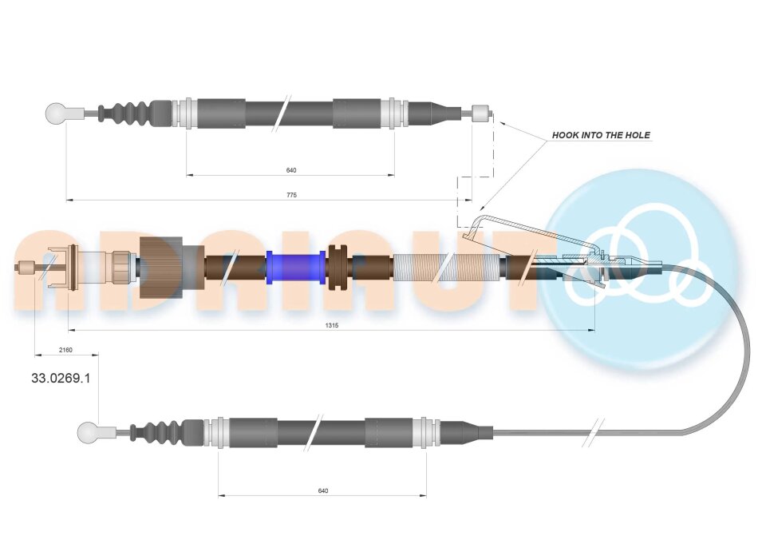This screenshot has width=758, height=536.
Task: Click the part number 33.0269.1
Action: (x=61, y=378)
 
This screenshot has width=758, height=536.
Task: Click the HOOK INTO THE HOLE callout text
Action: (x=601, y=135)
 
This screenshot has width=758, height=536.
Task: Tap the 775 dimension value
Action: (x=291, y=195)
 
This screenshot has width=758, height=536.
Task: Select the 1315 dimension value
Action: (x=332, y=325)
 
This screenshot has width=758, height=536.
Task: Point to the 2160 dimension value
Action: (x=65, y=350)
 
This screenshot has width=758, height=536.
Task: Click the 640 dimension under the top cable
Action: (x=291, y=170)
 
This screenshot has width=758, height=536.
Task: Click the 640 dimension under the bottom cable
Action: (x=323, y=490)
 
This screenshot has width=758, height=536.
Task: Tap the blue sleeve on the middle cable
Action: (x=296, y=268)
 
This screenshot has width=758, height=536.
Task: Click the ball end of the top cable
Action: (x=56, y=113)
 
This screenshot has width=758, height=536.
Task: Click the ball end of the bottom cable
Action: (x=88, y=432)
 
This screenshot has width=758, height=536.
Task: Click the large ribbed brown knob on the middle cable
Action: (x=160, y=268)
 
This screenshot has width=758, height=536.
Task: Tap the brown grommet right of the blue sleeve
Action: (x=338, y=268)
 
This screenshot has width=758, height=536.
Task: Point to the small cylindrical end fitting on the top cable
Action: (x=480, y=113)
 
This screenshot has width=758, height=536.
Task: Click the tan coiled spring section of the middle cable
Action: (x=449, y=268)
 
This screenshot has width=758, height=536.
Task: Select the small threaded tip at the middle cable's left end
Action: (x=26, y=267)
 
